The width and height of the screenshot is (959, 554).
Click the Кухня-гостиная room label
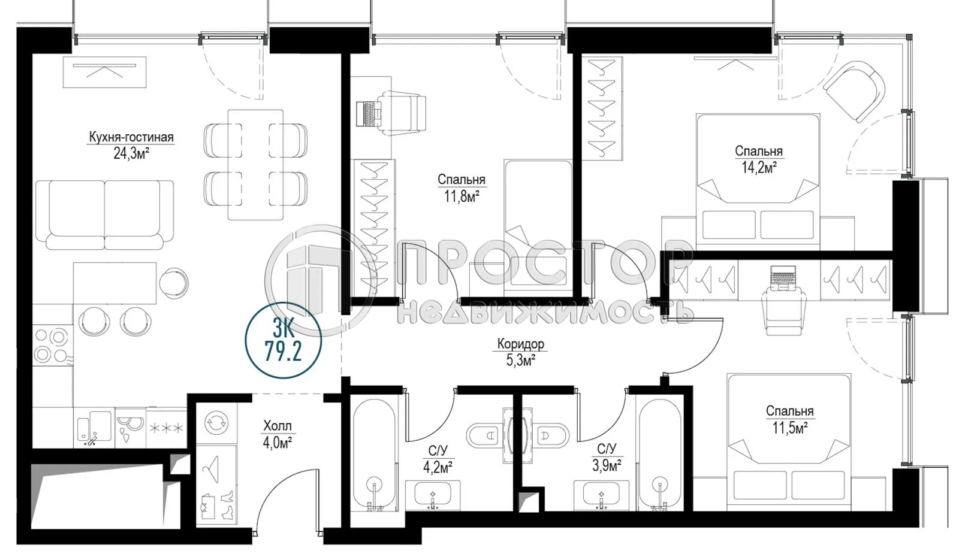[x=131, y=137]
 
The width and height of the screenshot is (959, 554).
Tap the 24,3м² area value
[x=131, y=153]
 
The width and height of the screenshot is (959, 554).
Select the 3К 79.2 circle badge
[x=284, y=340]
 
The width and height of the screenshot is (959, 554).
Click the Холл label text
[x=278, y=426]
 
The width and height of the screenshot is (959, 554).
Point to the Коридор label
[x=520, y=344]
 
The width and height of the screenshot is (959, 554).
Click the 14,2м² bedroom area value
[x=759, y=167]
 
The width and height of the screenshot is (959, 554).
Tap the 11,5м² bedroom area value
[x=789, y=427]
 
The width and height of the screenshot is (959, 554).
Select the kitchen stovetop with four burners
[x=51, y=346]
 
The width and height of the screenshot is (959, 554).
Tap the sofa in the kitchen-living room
[x=104, y=214]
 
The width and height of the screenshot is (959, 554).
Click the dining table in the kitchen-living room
[x=256, y=164]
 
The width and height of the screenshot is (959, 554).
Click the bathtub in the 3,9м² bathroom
[x=659, y=455]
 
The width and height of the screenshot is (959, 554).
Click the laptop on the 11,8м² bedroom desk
[x=367, y=113]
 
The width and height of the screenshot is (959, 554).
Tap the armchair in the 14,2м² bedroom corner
[x=854, y=91]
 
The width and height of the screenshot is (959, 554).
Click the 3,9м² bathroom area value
[x=607, y=465]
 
